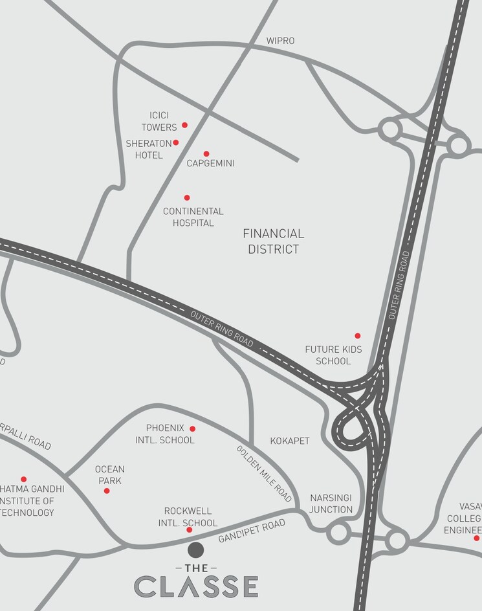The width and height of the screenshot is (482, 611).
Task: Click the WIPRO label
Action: (x=280, y=41)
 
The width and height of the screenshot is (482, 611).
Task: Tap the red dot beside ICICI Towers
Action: (x=184, y=125)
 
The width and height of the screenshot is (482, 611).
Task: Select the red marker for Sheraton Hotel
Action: (x=175, y=142)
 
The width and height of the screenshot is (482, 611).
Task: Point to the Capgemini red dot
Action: (x=206, y=154)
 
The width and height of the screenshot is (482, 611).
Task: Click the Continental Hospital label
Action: (x=193, y=217)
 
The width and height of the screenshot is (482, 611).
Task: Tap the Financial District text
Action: (x=273, y=241)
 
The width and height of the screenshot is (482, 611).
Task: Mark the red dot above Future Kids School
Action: (x=357, y=336)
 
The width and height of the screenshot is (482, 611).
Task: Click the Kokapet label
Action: (x=290, y=441)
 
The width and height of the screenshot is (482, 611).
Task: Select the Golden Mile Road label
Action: (x=264, y=473)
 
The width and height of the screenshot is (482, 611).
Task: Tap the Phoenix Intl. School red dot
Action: (x=192, y=428)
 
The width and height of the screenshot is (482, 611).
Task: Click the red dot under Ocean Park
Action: (x=107, y=491)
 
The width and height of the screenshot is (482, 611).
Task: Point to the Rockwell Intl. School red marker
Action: (x=189, y=530)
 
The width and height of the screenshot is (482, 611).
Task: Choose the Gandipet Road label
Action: (x=252, y=531)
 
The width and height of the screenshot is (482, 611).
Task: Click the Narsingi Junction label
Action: (x=331, y=504)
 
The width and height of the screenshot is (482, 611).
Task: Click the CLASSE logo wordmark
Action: (x=196, y=586)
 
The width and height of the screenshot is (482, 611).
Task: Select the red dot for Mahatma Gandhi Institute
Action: (x=23, y=480)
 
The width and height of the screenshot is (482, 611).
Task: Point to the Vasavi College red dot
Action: (x=477, y=538)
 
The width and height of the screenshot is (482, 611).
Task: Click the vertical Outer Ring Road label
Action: (x=399, y=285)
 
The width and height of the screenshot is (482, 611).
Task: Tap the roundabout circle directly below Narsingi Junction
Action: (x=338, y=533)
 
